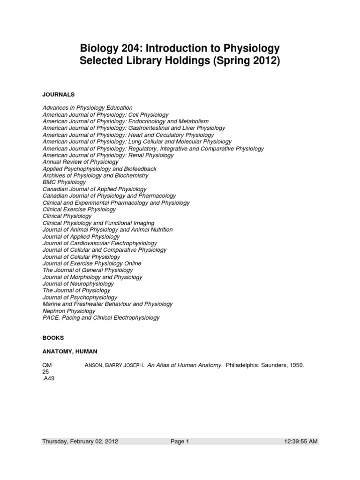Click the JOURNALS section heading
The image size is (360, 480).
click(x=59, y=94)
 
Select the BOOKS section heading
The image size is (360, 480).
click(x=53, y=337)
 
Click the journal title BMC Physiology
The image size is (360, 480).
click(x=64, y=182)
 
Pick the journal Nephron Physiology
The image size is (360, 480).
click(x=69, y=311)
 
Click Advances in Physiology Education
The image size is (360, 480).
click(x=88, y=108)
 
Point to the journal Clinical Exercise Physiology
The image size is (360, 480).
click(x=79, y=209)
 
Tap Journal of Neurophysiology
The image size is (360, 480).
click(x=78, y=284)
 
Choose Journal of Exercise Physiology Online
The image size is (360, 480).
click(x=92, y=263)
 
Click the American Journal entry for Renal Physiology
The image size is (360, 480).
click(x=101, y=155)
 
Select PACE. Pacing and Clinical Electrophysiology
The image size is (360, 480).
click(x=101, y=317)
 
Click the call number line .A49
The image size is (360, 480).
click(x=48, y=379)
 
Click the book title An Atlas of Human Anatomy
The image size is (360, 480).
click(x=185, y=366)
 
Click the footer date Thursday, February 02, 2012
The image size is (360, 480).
click(x=80, y=441)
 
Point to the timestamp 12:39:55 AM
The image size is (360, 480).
click(x=301, y=441)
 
